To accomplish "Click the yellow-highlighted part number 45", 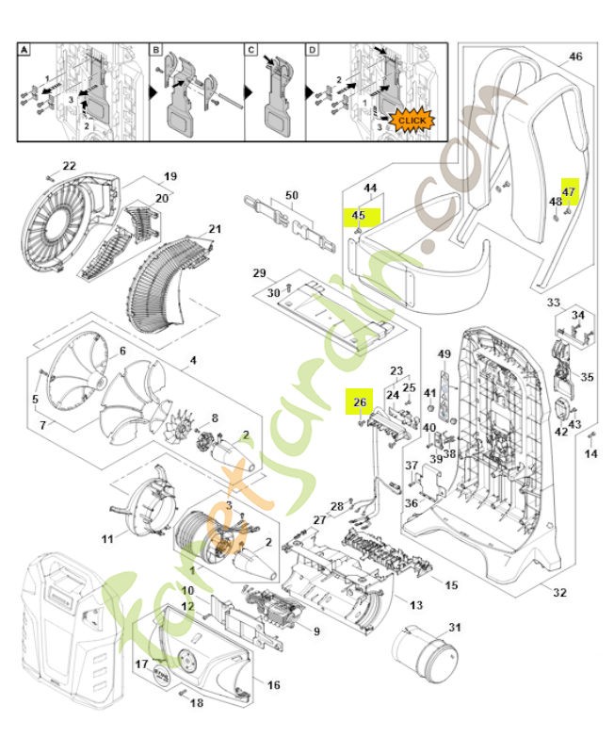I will pos(358,216).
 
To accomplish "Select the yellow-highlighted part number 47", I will pos(568,191).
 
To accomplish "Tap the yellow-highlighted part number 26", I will pos(359,402).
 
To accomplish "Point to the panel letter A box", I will pos(25,49).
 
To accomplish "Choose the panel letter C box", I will pos(251,49).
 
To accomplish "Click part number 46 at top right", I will pos(575,57).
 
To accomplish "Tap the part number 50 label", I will pos(291,195).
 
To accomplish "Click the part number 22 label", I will pos(69,167).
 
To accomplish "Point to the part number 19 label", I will pos(170,176).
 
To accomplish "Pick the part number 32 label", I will pos(559,593).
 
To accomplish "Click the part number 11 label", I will pos(107,539).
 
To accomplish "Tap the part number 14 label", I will pos(590,454).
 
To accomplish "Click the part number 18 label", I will pos(197,703).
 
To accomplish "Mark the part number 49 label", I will pos(444,353).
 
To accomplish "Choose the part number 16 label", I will pos(273,685).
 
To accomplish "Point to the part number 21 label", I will pos(215,229).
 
